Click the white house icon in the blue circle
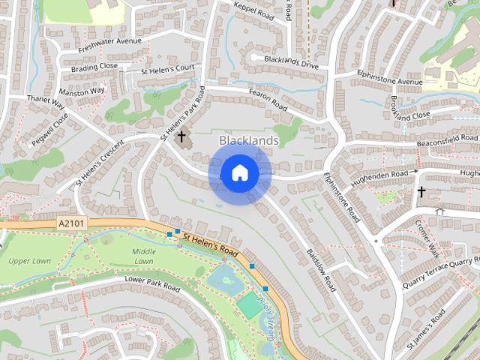pos(239,173)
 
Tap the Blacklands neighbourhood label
pos(248,140)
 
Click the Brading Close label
pos(94,66)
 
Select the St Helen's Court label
pos(167,69)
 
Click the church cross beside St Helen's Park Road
pos(181,137)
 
